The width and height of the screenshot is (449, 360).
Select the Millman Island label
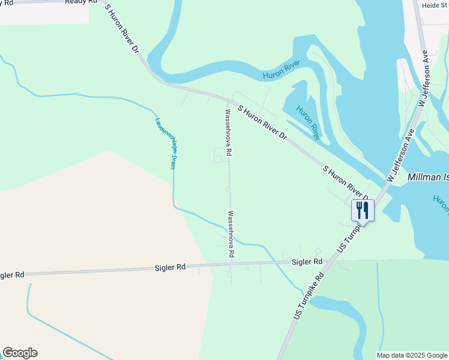click(427, 178)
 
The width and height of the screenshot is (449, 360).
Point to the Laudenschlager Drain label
click(165, 142)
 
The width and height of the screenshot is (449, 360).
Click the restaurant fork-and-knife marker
click(363, 211)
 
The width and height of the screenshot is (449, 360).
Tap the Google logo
click(20, 353)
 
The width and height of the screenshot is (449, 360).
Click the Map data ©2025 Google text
click(412, 355)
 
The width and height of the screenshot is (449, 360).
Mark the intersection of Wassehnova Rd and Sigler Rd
click(231, 264)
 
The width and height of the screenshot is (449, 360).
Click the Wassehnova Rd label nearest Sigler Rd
click(229, 234)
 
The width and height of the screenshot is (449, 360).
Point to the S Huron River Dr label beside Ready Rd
click(122, 30)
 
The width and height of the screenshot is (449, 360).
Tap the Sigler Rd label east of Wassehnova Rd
click(307, 262)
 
